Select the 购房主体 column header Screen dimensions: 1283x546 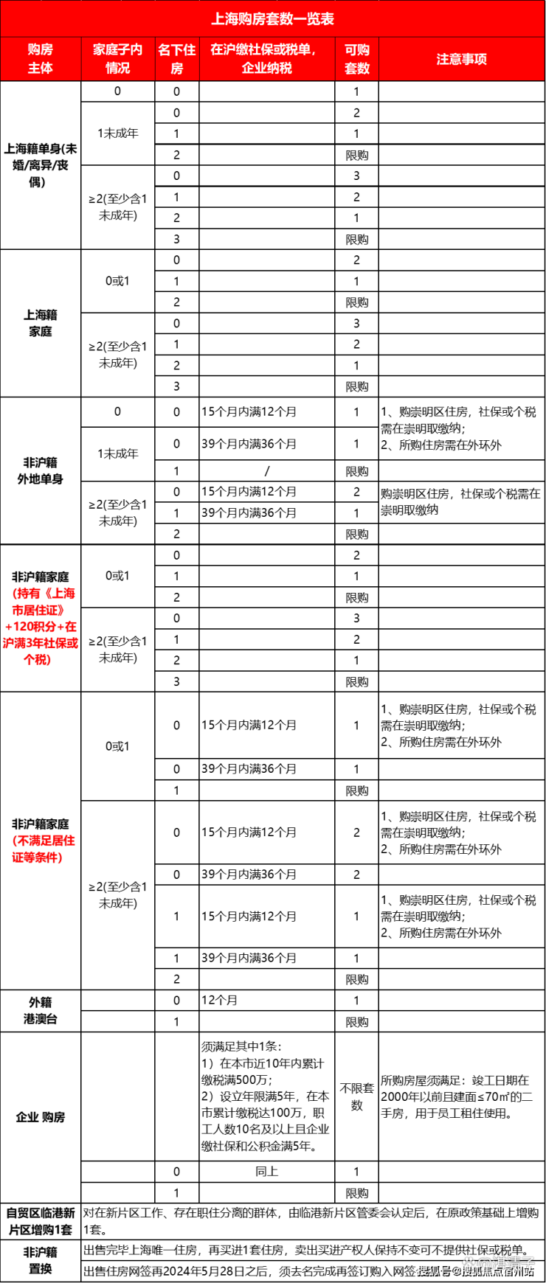click(41, 59)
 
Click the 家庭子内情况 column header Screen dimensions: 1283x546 click(118, 59)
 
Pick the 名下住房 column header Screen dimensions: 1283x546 click(177, 59)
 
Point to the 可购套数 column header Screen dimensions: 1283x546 click(357, 59)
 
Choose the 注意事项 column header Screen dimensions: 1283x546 click(461, 59)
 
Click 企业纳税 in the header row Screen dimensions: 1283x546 click(267, 69)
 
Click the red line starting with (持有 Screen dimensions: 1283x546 click(44, 594)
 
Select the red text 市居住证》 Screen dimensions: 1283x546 click(38, 611)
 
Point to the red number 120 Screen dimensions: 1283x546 click(26, 627)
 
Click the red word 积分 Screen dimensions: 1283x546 click(46, 627)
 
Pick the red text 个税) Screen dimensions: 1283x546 click(37, 659)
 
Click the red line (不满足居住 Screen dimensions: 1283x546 click(44, 841)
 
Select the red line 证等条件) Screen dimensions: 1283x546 click(37, 858)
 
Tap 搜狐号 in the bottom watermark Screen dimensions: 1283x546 click(433, 1270)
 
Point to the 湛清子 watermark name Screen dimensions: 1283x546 click(514, 1262)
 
